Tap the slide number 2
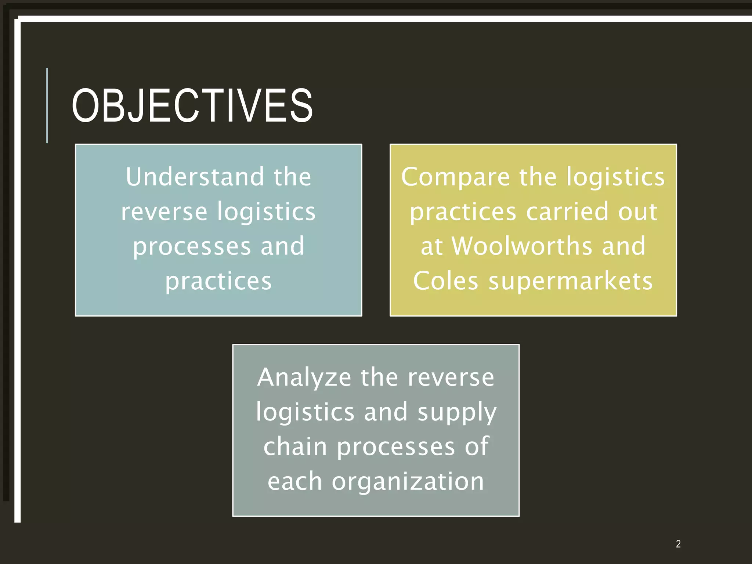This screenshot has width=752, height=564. coord(678,544)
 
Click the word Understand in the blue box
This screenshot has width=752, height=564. coord(195,177)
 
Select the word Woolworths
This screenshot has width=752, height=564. coord(522,246)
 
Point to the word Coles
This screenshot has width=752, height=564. coord(445,281)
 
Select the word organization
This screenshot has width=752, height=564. coord(408,481)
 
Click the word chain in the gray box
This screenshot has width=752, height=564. coord(295,447)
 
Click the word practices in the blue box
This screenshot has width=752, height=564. coord(218,282)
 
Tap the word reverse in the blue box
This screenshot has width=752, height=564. coord(164,212)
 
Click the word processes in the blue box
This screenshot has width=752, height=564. coord(192,247)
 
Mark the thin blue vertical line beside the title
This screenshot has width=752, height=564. coord(47,106)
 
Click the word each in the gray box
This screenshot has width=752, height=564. coord(294,481)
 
